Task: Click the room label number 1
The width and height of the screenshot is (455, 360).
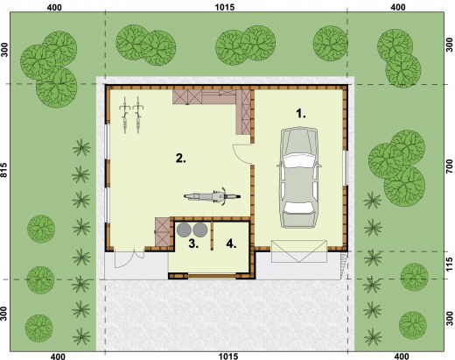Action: point(301,114)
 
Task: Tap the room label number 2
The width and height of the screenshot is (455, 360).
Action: point(181,159)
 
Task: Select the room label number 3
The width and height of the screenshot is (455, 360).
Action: point(193,244)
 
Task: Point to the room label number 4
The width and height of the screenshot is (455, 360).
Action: point(231,244)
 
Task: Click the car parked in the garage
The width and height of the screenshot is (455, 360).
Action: point(299,177)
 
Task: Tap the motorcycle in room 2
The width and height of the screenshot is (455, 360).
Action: point(212,196)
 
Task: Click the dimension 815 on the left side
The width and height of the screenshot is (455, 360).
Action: point(3,170)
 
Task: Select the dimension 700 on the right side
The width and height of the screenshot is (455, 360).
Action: point(450,167)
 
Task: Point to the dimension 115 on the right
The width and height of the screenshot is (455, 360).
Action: point(450,265)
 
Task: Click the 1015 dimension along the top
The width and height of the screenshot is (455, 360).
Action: point(225,7)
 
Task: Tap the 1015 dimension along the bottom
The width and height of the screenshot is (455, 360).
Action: point(228,356)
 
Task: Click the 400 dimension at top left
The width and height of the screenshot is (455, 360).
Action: point(54,7)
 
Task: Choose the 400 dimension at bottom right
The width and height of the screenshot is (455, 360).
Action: point(402,356)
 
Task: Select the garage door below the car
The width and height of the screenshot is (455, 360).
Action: point(299,251)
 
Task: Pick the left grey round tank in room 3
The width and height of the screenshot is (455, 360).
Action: point(184,229)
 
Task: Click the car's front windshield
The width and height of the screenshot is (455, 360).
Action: point(299,160)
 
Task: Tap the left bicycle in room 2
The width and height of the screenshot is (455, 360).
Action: point(125,115)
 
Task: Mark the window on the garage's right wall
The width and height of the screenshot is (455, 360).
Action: point(345,167)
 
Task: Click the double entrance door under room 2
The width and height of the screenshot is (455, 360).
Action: point(129,258)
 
